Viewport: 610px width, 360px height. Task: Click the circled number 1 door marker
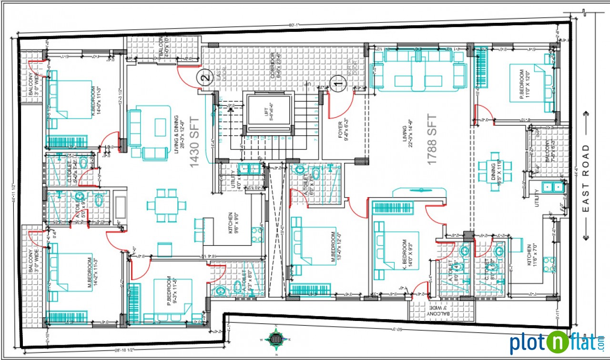coord(338,83)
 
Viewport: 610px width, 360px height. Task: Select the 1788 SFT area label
coord(432,140)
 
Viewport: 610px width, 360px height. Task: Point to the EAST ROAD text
coord(586,179)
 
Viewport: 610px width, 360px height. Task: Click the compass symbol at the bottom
coord(275,340)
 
